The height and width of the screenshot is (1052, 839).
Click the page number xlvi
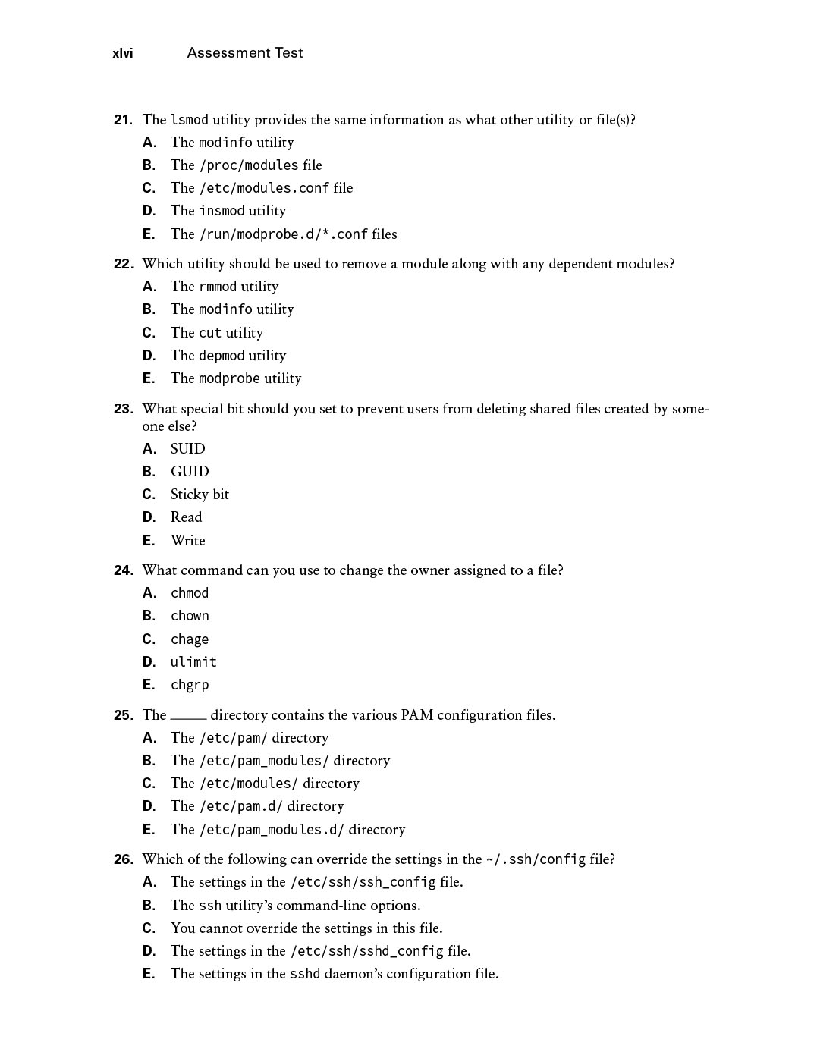[x=122, y=53]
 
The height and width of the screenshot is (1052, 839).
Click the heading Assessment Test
[x=244, y=53]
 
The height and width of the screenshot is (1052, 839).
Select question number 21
[x=123, y=120]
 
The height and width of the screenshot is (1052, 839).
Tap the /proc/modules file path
[x=249, y=165]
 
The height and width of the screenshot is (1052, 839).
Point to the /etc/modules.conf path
[x=264, y=188]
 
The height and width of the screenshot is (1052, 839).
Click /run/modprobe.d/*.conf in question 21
[x=284, y=234]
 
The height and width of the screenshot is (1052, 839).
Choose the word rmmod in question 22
[x=218, y=287]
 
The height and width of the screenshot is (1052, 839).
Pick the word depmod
[x=222, y=356]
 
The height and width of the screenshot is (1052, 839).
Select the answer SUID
[x=187, y=449]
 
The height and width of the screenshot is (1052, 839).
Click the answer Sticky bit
[x=200, y=495]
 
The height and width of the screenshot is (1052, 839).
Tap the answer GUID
[x=190, y=472]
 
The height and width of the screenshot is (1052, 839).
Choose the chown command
[x=190, y=616]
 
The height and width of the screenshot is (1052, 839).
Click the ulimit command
[x=193, y=662]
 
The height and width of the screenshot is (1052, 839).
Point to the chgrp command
[x=190, y=685]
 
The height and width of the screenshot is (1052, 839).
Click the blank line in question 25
[x=188, y=717]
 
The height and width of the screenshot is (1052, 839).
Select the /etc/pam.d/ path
[x=240, y=806]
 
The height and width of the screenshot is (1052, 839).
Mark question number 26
[x=123, y=859]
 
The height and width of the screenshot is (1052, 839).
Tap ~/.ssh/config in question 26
[x=536, y=859]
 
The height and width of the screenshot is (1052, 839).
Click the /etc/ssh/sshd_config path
[x=366, y=951]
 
